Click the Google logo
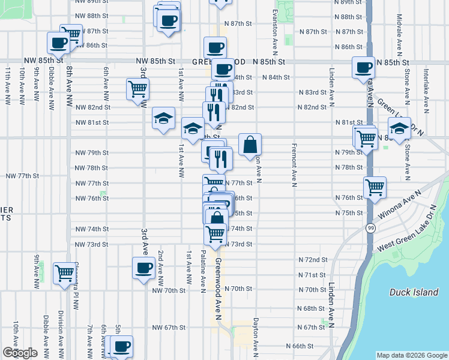pos(20,353)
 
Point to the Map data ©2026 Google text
pos(411,355)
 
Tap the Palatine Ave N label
pos(203,268)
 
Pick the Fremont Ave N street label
pos(295,165)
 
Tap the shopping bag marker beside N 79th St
pos(250,145)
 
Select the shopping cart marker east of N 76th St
pos(375,187)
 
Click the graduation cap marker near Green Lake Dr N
pos(399,128)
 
